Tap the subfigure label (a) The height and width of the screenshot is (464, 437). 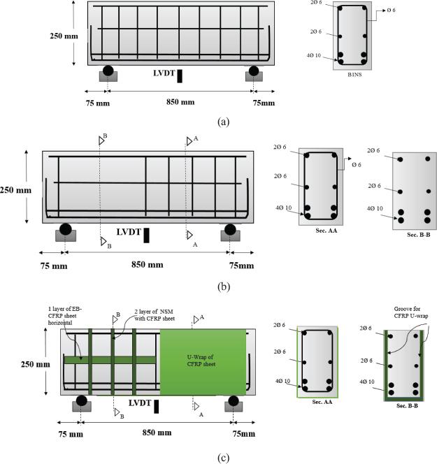(223, 122)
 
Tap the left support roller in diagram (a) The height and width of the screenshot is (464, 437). (108, 71)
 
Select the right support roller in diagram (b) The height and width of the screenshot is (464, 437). (229, 229)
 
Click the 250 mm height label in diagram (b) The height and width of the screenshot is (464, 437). (15, 189)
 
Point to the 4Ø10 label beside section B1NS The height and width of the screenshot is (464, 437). (319, 55)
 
